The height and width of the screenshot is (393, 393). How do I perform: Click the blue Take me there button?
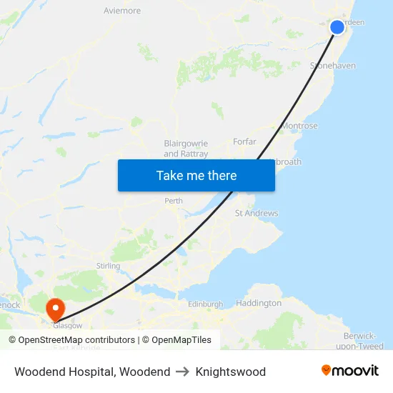click(x=196, y=175)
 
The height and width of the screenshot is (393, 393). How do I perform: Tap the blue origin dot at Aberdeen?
click(x=337, y=27)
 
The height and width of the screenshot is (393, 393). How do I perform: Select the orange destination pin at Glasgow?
click(x=55, y=309)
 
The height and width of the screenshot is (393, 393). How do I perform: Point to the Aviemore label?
click(x=122, y=11)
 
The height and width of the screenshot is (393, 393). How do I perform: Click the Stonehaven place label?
click(x=333, y=66)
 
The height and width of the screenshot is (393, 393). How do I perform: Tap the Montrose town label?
click(x=300, y=126)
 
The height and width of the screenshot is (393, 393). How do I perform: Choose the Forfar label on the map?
click(x=244, y=141)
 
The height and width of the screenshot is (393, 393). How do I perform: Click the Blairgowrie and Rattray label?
click(x=186, y=148)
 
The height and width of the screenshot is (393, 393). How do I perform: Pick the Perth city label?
click(x=174, y=201)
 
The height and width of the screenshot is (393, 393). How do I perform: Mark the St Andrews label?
click(x=257, y=213)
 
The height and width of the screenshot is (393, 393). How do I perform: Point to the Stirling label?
click(x=108, y=266)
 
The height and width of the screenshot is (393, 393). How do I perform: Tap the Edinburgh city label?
click(x=205, y=304)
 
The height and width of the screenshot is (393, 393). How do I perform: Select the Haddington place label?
click(x=259, y=303)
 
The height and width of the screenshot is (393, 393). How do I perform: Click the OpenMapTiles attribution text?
click(x=180, y=340)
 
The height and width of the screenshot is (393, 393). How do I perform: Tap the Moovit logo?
click(x=350, y=371)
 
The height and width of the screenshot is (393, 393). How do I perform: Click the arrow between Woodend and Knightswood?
click(x=183, y=372)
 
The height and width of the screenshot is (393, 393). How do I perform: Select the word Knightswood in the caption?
click(x=230, y=372)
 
